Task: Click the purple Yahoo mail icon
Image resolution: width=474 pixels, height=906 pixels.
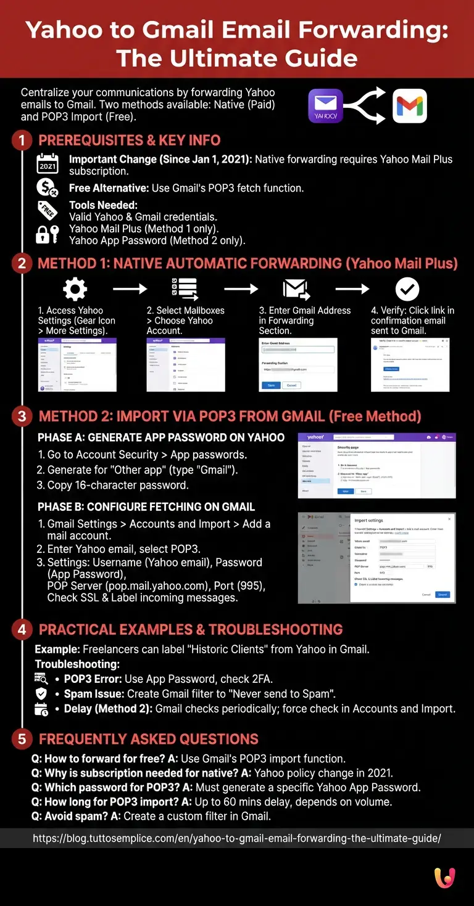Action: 325,106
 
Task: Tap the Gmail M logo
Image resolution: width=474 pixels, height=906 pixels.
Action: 410,106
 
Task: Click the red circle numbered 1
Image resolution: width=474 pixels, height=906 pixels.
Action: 21,141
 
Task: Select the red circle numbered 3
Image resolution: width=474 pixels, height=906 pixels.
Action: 21,416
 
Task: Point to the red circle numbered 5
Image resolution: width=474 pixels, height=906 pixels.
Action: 21,739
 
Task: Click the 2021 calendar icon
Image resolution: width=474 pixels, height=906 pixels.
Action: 48,165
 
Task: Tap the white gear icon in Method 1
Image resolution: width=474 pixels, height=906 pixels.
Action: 75,288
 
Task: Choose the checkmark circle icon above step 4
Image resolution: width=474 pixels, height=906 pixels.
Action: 407,288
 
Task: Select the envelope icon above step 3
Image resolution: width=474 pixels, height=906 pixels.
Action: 296,288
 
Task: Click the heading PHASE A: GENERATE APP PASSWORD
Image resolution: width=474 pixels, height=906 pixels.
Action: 161,438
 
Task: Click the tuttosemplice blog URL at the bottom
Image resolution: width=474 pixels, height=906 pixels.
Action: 237,838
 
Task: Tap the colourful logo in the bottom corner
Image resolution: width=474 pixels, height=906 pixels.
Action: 445,878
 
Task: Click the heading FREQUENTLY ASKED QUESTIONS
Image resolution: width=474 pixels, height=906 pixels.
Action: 149,739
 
